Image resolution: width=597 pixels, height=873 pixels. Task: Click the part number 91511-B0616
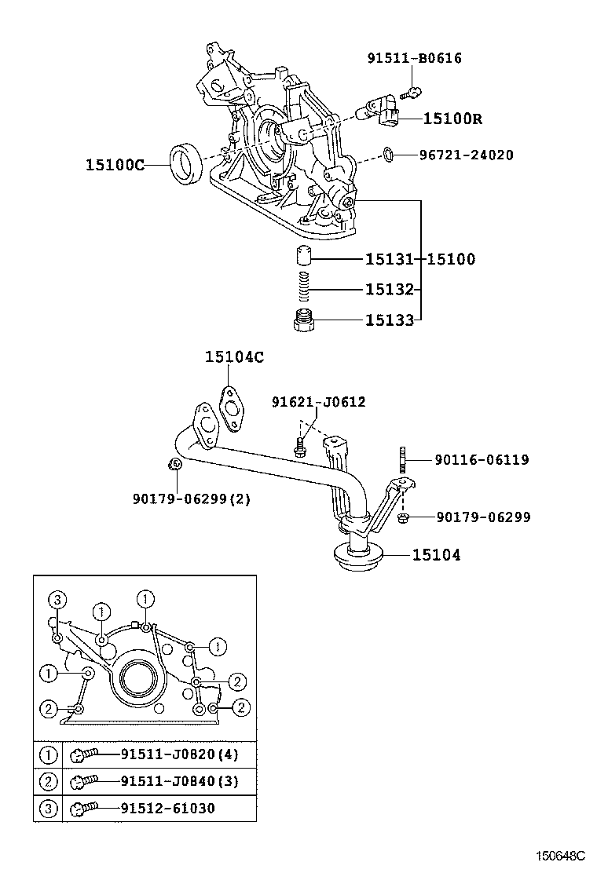(414, 58)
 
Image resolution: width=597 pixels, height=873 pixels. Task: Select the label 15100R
(452, 119)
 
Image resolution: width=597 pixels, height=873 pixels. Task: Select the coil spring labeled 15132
(305, 289)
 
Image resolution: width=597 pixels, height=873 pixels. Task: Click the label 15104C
(234, 357)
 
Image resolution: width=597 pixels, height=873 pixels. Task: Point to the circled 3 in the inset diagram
(56, 601)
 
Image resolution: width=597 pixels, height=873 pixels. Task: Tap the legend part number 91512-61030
(167, 808)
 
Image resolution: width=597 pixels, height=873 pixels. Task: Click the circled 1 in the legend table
(48, 755)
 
